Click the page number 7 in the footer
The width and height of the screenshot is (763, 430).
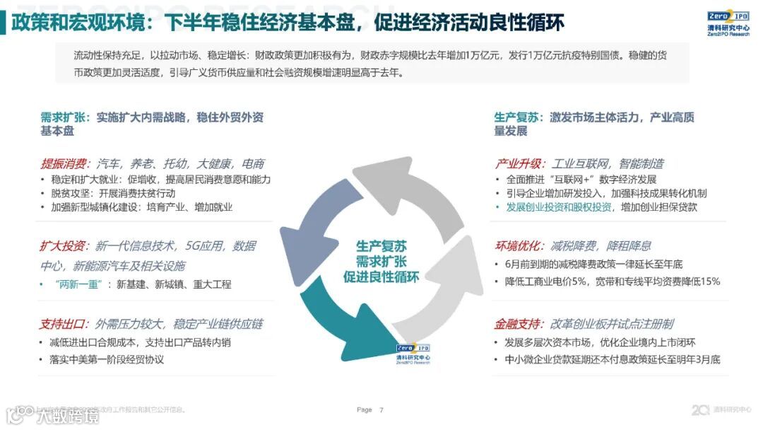pos(381,410)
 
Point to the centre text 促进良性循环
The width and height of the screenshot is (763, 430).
pos(381,277)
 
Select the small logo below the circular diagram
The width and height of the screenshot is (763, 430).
pos(413,352)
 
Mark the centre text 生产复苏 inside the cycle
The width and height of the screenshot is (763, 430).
pos(381,246)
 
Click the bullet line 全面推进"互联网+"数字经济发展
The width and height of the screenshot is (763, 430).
pos(581,180)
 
